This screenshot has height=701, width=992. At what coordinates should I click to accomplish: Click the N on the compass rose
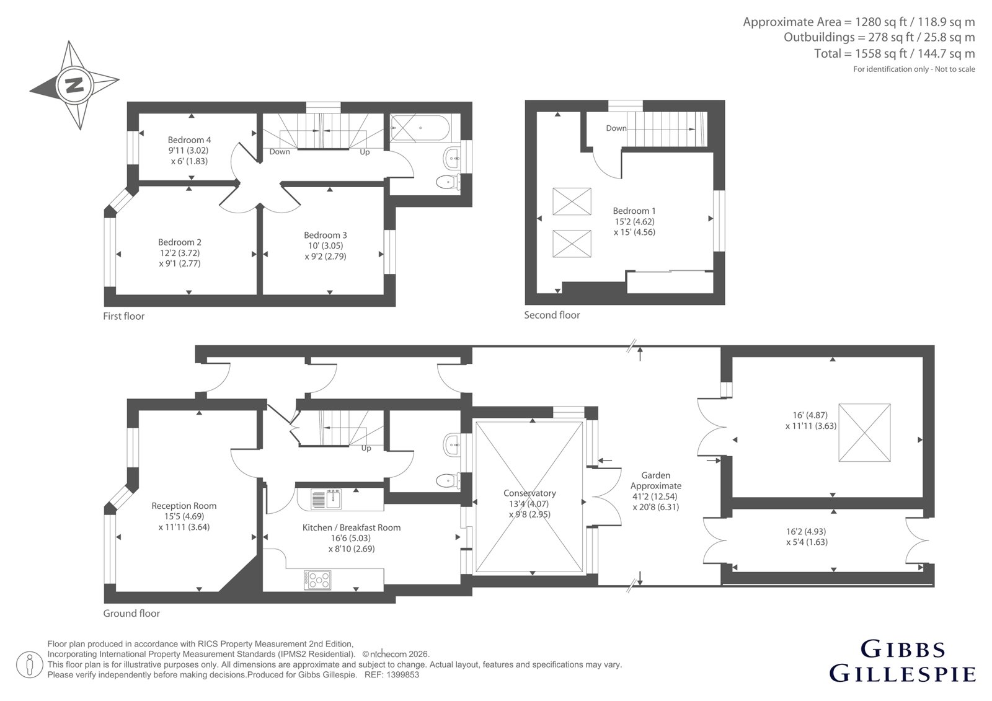pos(74,85)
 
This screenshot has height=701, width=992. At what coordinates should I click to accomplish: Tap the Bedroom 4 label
pos(189,140)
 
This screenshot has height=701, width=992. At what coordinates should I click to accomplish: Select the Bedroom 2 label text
pos(180,242)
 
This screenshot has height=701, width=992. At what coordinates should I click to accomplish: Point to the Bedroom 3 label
pos(325,235)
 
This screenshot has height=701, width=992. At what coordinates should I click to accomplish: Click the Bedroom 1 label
pos(634,211)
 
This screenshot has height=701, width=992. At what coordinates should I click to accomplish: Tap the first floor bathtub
pos(420,128)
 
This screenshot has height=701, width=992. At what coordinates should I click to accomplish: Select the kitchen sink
pos(326,499)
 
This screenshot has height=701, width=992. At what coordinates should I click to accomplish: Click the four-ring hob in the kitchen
pos(317,580)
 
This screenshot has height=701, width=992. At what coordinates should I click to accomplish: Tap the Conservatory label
pos(529,493)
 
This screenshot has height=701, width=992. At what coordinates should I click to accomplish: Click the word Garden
pos(656,475)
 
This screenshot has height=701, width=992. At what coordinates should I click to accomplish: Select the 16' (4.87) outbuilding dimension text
pos(810,415)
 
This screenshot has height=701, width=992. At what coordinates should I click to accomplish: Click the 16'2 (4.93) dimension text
pos(806,531)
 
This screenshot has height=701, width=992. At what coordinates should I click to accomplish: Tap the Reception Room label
pos(184,506)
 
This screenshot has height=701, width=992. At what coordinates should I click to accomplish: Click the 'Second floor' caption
pos(552,315)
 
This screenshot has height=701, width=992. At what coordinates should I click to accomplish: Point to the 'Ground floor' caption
pos(131,614)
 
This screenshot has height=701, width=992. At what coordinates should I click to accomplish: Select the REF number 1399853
pos(402,675)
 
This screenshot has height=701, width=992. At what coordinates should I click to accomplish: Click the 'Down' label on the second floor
pos(616,128)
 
